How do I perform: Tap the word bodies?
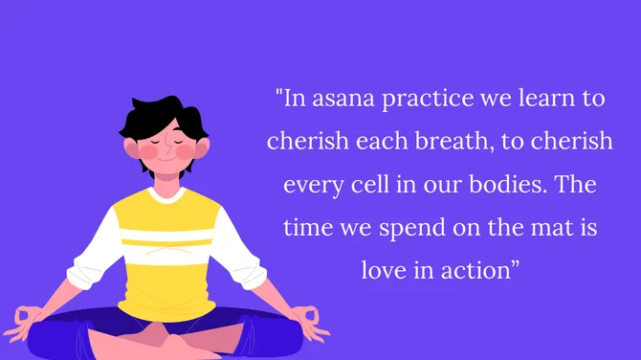point(518,184)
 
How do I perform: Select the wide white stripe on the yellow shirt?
point(163,234)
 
